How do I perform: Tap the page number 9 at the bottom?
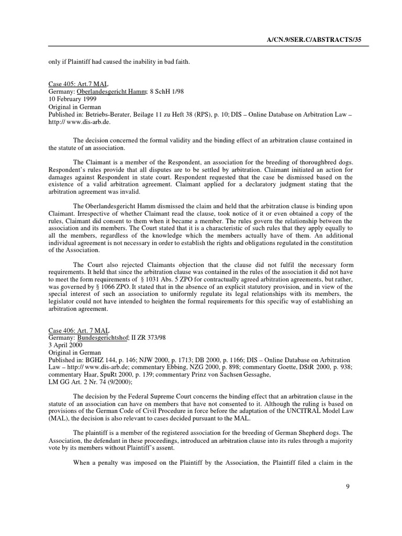tap(348, 487)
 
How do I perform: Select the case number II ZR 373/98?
tap(149, 338)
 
